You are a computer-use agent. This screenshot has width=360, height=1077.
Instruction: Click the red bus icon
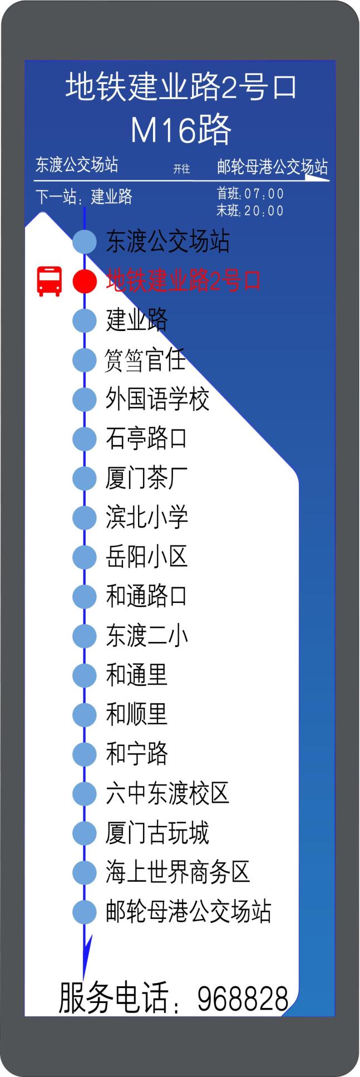[x=49, y=281]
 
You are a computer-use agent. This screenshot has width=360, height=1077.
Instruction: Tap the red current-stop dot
[x=85, y=281]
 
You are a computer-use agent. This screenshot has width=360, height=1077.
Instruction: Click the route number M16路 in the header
[x=181, y=130]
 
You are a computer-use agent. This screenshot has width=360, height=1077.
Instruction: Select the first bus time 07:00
[x=264, y=194]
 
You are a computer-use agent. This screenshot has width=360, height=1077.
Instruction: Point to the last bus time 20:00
[x=264, y=211]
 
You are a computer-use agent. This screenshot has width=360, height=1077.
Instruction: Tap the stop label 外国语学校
[x=157, y=399]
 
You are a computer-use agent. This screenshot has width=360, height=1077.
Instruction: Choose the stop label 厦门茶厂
[x=147, y=478]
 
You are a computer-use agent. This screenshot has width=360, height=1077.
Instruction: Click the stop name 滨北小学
[x=147, y=517]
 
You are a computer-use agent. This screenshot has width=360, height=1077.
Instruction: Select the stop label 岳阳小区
[x=147, y=557]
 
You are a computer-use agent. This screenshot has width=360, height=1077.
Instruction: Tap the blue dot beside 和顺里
[x=85, y=715]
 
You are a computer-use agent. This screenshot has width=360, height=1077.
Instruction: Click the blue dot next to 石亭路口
[x=85, y=438]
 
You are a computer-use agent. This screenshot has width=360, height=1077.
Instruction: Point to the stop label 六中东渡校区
[x=167, y=793]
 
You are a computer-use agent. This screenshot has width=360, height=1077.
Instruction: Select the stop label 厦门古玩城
[x=157, y=833]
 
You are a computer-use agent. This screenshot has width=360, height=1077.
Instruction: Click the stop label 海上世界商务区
[x=178, y=872]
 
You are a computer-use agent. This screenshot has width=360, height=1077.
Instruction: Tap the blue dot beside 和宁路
[x=85, y=754]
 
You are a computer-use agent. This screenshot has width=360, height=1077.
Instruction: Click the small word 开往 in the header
[x=181, y=169]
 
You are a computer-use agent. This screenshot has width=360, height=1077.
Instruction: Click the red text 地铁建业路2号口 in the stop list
[x=183, y=281]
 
